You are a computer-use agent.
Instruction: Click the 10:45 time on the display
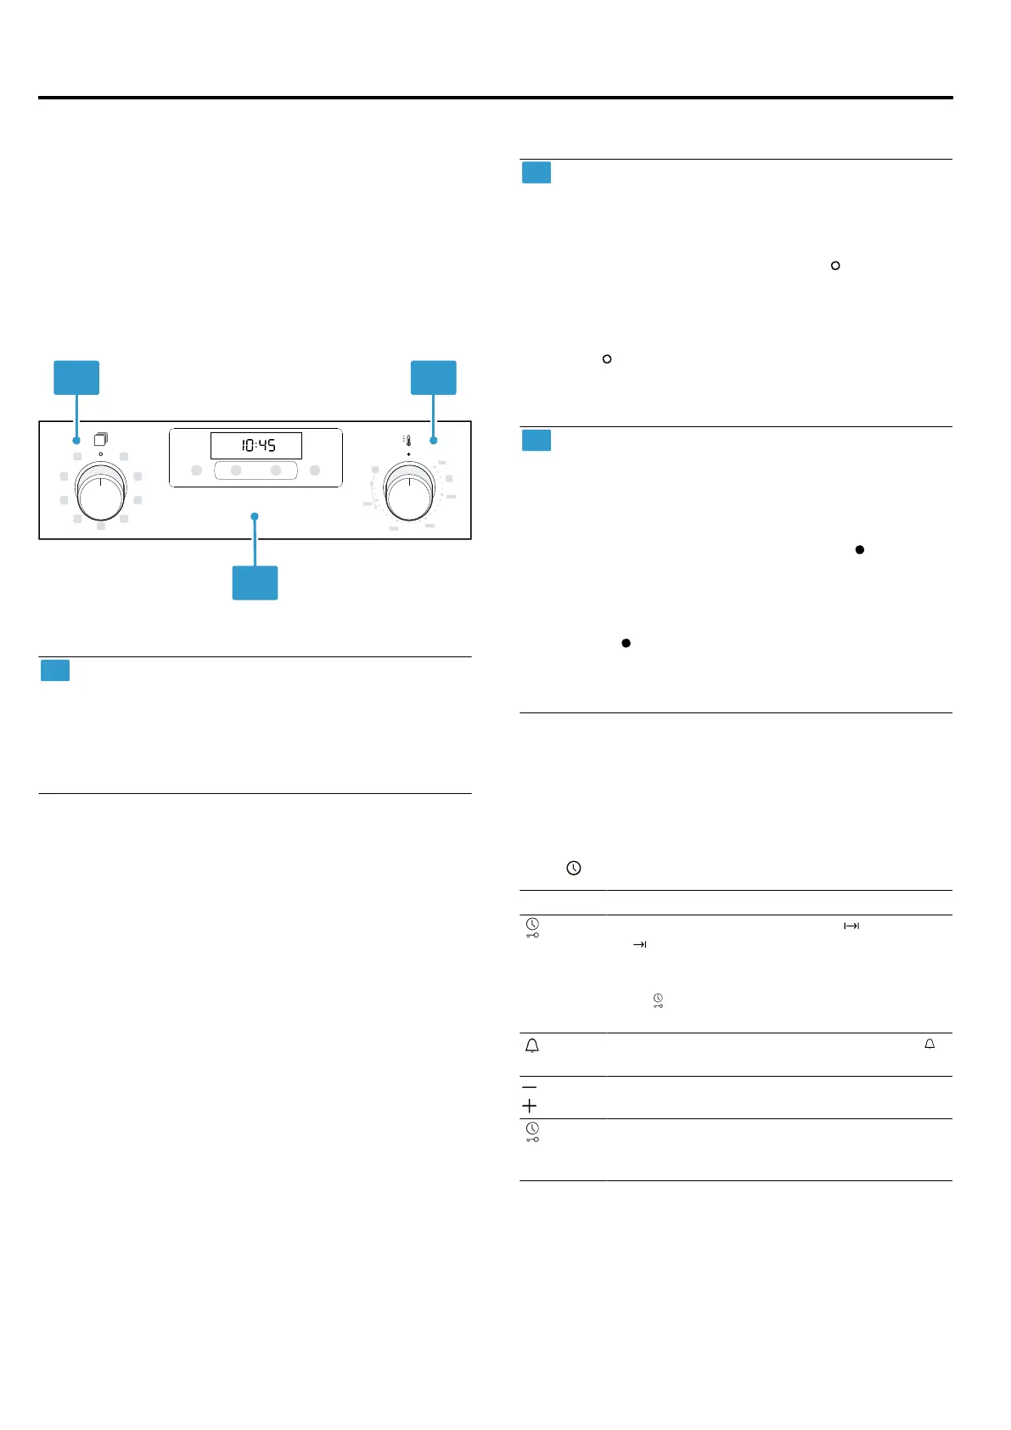tap(256, 445)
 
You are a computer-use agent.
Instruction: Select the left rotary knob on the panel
tap(100, 491)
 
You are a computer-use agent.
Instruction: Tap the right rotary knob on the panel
tap(409, 491)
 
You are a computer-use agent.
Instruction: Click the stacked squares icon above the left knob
tap(100, 439)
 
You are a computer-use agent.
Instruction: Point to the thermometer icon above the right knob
tap(407, 440)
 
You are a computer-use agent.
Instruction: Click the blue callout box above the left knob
tap(76, 377)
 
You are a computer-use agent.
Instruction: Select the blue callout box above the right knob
tap(434, 377)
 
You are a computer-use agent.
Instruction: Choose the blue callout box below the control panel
tap(255, 583)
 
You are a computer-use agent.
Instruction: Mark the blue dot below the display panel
tap(254, 516)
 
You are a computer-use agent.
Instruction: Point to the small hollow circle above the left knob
tap(100, 454)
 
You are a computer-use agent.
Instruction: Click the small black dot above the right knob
tap(409, 454)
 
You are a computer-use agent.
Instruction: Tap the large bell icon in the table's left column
tap(532, 1046)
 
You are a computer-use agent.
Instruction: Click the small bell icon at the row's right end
tap(930, 1044)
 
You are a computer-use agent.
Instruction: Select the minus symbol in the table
tap(529, 1087)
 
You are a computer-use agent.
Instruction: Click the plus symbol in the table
tap(529, 1106)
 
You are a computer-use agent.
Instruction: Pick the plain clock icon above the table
tap(574, 868)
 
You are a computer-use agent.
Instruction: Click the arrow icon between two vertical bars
tap(851, 926)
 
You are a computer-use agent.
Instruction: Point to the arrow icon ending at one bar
tap(640, 944)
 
